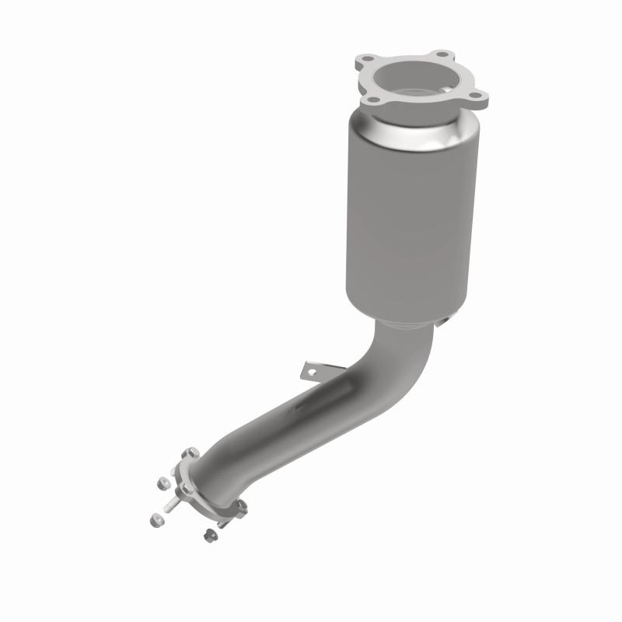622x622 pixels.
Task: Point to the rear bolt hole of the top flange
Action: (443, 55)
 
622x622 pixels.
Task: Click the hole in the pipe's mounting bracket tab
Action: (313, 372)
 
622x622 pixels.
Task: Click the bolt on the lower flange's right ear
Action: (241, 506)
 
